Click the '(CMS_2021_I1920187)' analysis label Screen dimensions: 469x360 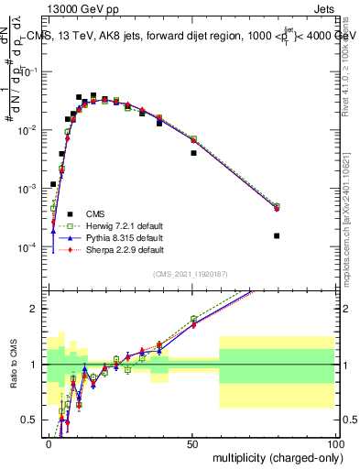191,274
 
